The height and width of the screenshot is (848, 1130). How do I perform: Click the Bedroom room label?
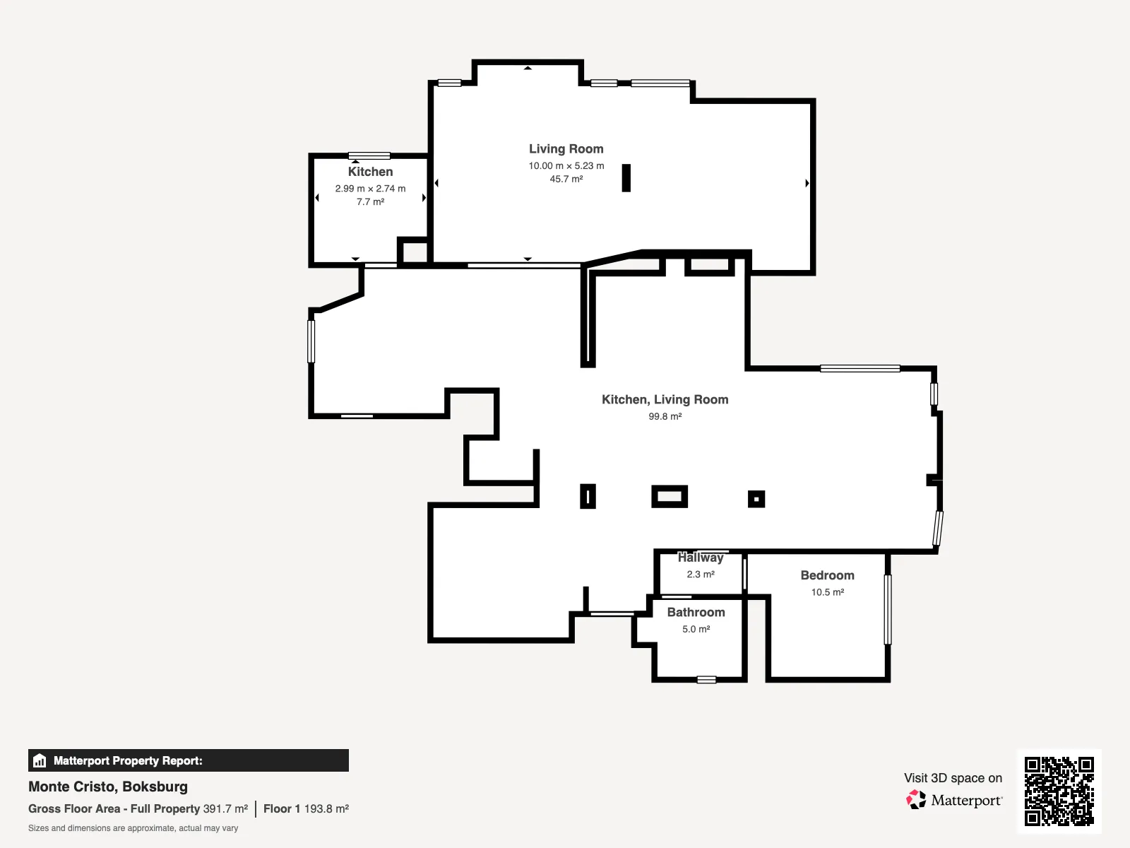click(x=827, y=575)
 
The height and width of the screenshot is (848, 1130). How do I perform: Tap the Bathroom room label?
click(x=696, y=612)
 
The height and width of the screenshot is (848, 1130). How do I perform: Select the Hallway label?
click(x=701, y=558)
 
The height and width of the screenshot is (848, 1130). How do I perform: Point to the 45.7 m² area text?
click(x=566, y=179)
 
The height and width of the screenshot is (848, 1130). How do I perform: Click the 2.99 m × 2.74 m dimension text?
click(x=370, y=189)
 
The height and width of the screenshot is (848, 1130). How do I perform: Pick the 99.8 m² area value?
click(x=665, y=416)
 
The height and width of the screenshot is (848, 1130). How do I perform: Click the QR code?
click(x=1059, y=791)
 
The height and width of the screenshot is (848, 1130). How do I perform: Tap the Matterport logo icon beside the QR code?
click(x=916, y=800)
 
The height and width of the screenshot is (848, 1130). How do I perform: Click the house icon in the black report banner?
click(x=40, y=760)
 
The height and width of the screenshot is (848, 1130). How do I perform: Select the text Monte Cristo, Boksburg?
click(x=108, y=787)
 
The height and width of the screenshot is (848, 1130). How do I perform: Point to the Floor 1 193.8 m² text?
click(x=306, y=809)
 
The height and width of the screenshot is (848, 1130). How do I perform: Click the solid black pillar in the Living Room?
click(x=626, y=178)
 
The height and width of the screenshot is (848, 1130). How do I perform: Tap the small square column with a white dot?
click(x=756, y=499)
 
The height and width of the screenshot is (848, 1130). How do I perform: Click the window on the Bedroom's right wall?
click(x=888, y=610)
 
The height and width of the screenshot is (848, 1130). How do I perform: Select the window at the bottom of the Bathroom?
click(x=706, y=680)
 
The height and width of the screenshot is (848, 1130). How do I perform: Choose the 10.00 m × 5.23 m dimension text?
click(x=566, y=166)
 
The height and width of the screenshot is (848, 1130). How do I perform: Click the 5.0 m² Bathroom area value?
click(x=696, y=629)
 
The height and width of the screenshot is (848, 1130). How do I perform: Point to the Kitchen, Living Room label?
click(x=665, y=399)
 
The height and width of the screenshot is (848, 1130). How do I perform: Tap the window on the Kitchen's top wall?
click(x=369, y=155)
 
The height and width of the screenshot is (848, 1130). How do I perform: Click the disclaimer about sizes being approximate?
click(x=133, y=828)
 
